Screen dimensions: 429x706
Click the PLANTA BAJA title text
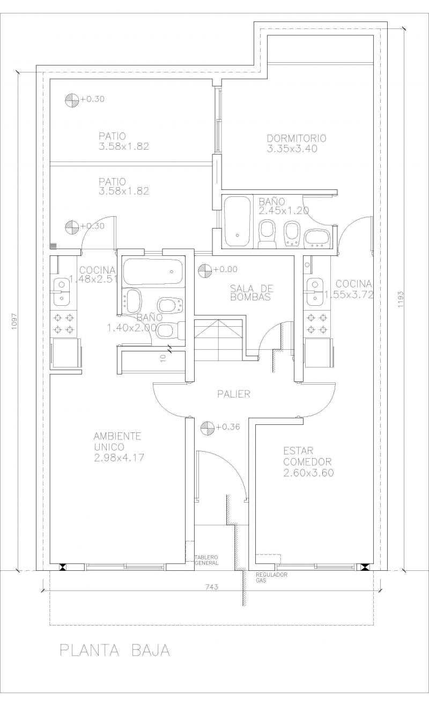[115, 651]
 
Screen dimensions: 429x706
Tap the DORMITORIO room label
[297, 138]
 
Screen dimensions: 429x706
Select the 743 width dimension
[212, 587]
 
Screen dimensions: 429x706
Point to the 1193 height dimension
[401, 299]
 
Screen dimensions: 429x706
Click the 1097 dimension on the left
[13, 321]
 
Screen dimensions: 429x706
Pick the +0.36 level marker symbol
[207, 427]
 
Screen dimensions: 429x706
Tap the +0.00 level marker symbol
[205, 270]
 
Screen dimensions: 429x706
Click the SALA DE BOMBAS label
[252, 293]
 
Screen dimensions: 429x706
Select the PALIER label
[234, 394]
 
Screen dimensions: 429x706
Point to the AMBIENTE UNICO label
[117, 442]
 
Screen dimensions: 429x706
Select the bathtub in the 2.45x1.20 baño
[238, 222]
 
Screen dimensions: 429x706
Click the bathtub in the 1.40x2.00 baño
[153, 272]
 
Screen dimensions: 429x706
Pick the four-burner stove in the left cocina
[64, 323]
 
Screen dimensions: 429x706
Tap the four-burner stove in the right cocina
[317, 323]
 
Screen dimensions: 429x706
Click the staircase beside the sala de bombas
[218, 340]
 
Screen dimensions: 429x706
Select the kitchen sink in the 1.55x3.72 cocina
[315, 292]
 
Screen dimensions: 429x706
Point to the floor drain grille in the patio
[53, 246]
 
